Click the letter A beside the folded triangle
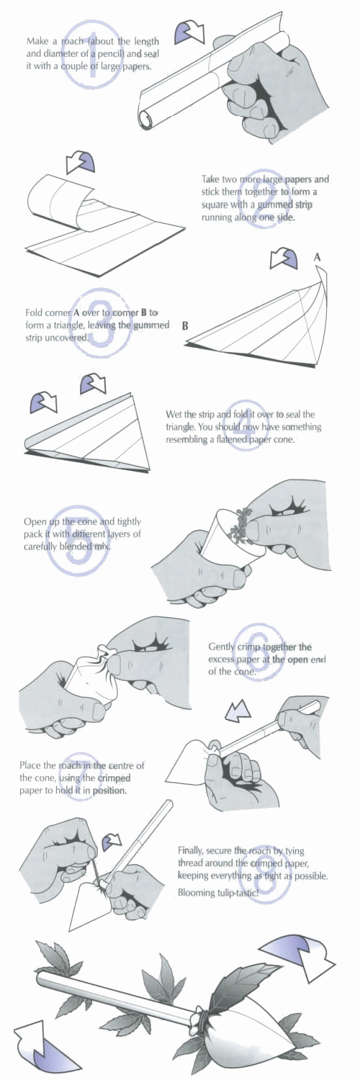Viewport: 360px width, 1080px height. [317, 258]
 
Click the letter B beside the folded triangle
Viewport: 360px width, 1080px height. [185, 326]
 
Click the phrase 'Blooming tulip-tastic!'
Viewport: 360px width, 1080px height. [218, 893]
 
